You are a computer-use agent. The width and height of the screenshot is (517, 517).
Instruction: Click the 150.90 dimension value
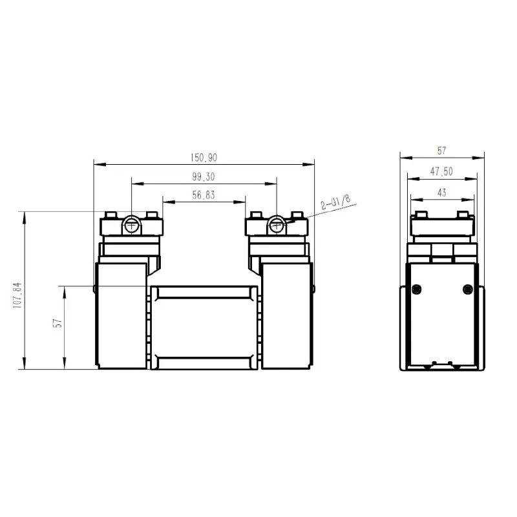(204, 157)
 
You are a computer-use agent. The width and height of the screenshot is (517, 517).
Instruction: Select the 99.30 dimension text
(204, 176)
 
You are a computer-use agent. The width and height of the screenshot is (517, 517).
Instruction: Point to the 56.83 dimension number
(204, 195)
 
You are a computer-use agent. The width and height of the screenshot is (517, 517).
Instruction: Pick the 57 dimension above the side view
(442, 151)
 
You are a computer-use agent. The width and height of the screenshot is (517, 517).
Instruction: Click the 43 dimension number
(442, 192)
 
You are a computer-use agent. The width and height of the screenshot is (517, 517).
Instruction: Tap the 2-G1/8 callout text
(335, 202)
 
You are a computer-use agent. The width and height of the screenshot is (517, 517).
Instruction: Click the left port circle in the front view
(131, 225)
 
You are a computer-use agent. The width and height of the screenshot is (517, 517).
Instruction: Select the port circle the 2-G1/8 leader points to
(277, 225)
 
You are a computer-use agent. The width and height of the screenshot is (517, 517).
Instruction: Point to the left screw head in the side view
(417, 288)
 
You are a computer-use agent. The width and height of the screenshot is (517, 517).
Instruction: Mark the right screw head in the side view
(468, 288)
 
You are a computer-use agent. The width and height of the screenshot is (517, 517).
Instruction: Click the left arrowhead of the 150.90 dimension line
(97, 164)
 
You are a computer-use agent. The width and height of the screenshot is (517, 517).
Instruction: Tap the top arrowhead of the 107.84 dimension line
(24, 214)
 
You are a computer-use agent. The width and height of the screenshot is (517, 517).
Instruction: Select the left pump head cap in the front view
(131, 226)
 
